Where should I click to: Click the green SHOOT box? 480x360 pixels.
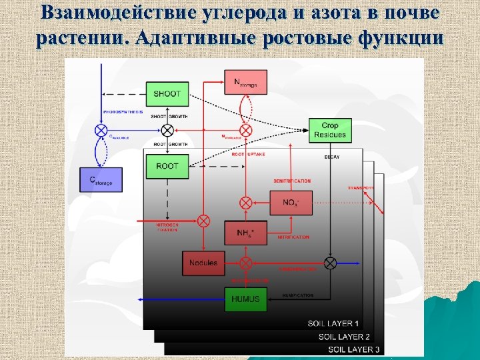coord(167,93)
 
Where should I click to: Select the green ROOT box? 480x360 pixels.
coord(167,165)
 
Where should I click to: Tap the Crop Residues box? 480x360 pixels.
coord(329,130)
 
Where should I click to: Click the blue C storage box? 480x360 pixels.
coord(101,179)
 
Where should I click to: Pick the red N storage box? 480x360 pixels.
coord(245,82)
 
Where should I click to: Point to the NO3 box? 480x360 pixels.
coord(291,203)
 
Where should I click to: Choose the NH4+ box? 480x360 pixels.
coord(246,233)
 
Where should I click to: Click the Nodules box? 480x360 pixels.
coord(203,263)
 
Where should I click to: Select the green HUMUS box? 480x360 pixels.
coord(246,299)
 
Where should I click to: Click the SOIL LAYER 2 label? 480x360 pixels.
coord(344,337)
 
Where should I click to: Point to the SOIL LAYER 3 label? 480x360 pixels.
coord(354,349)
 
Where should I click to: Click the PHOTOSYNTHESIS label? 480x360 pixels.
coord(123,112)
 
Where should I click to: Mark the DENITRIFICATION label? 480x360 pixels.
coord(292,181)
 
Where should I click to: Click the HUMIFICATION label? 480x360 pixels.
coord(297,294)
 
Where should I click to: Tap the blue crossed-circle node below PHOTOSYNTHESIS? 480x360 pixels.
coord(101,130)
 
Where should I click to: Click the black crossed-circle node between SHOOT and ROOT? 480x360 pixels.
coord(167,129)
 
